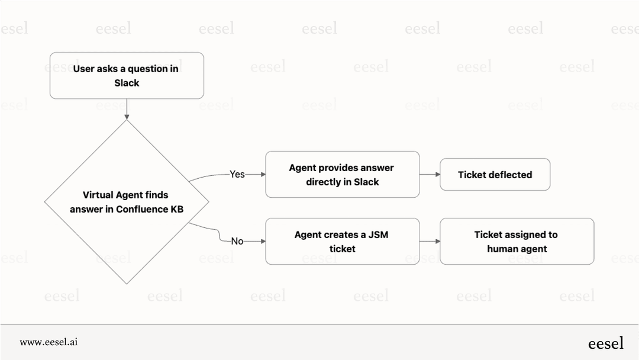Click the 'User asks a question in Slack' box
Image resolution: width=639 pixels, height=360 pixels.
pyautogui.click(x=127, y=75)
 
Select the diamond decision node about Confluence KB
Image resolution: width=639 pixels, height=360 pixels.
pyautogui.click(x=127, y=202)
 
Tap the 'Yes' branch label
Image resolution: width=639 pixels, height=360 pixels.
pyautogui.click(x=237, y=174)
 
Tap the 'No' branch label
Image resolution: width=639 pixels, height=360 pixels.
pyautogui.click(x=237, y=241)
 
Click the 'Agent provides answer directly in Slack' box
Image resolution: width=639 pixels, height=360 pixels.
pyautogui.click(x=342, y=174)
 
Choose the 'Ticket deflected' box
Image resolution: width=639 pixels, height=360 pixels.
pyautogui.click(x=495, y=175)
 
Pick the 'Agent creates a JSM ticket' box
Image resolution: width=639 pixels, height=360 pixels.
pyautogui.click(x=342, y=241)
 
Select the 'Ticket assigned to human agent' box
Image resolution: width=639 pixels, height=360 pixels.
pyautogui.click(x=517, y=241)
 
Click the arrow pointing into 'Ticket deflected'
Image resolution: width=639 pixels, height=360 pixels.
pyautogui.click(x=430, y=175)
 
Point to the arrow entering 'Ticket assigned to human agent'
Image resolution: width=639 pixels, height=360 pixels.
pyautogui.click(x=430, y=241)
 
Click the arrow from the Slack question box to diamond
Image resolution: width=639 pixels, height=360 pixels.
pyautogui.click(x=127, y=110)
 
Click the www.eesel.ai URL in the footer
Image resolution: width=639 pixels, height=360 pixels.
pyautogui.click(x=49, y=342)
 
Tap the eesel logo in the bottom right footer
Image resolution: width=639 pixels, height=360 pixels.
pyautogui.click(x=605, y=343)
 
